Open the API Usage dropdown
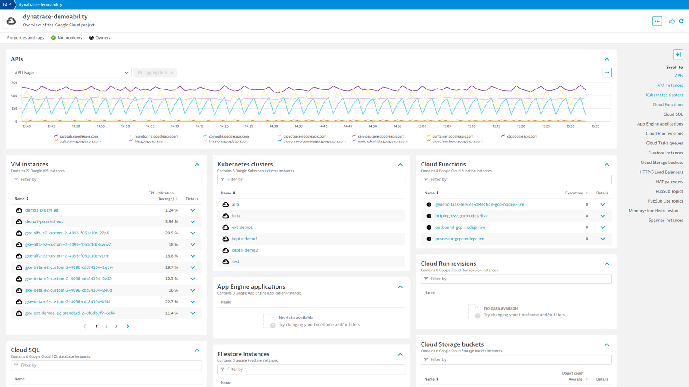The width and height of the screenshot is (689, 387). click(x=71, y=73)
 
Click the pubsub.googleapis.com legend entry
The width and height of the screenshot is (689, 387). click(x=79, y=136)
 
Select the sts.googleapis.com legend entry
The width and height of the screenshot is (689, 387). click(x=522, y=136)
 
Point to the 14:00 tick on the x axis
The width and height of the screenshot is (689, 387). click(x=125, y=126)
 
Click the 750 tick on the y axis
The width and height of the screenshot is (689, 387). click(x=14, y=83)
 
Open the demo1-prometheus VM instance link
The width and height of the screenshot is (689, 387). click(x=44, y=221)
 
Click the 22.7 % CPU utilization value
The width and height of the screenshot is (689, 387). click(x=171, y=301)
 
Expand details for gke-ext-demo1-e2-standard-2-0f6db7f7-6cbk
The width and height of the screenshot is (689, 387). click(x=193, y=313)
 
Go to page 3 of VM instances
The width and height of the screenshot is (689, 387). click(x=116, y=326)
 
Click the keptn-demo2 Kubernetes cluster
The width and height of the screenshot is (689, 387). click(x=245, y=250)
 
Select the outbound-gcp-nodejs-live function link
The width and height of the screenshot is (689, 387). click(x=460, y=227)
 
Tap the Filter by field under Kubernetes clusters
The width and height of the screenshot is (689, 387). click(x=311, y=179)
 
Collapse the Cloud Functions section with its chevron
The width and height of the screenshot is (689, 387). click(x=607, y=165)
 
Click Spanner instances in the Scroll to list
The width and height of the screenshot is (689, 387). click(x=666, y=220)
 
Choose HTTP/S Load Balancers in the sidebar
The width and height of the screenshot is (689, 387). click(x=661, y=172)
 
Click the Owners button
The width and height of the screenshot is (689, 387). click(x=99, y=38)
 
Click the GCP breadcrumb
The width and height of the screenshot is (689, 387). click(x=7, y=5)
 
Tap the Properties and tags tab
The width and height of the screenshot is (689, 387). click(x=25, y=38)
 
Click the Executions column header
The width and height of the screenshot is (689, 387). click(x=574, y=193)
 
